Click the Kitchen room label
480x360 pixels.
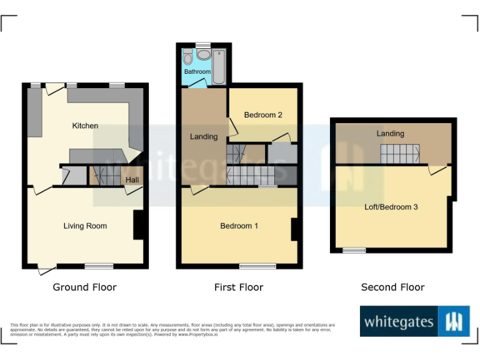(85, 126)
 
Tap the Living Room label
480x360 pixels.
(85, 226)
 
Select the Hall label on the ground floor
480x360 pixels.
(132, 180)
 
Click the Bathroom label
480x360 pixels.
(197, 72)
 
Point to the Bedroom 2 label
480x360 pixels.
(263, 115)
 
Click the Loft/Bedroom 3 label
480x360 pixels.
(391, 206)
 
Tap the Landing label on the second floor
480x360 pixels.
(390, 134)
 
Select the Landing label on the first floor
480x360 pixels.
(204, 137)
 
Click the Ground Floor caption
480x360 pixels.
(84, 287)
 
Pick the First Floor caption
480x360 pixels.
(239, 287)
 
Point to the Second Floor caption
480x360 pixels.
(392, 287)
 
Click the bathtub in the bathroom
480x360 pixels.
(219, 66)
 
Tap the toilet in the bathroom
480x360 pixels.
(188, 59)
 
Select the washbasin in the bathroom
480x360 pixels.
(203, 54)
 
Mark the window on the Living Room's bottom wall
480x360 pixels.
(99, 266)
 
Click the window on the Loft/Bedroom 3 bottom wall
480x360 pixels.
(354, 251)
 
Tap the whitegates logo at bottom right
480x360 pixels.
(415, 322)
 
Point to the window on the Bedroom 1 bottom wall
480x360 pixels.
(257, 266)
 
